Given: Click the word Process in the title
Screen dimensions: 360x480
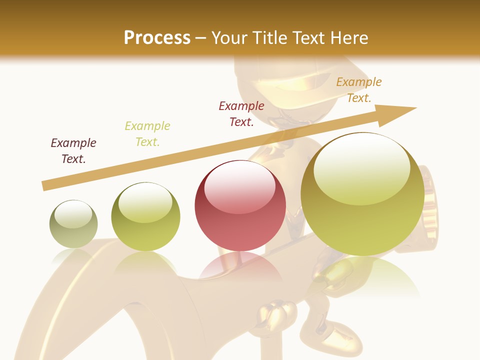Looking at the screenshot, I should pyautogui.click(x=157, y=38).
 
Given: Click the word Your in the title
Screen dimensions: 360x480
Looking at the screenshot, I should pyautogui.click(x=230, y=38).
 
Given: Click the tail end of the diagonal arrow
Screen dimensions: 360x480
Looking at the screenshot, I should pyautogui.click(x=44, y=186).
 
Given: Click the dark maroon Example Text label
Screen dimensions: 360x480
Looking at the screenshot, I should pyautogui.click(x=73, y=151).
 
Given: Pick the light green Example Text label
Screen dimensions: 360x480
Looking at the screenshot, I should pyautogui.click(x=147, y=134).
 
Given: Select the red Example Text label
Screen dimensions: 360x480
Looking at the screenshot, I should pyautogui.click(x=241, y=114).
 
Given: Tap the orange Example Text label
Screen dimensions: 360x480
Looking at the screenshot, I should pyautogui.click(x=359, y=90).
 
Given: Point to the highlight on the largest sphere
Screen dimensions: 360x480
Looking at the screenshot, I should pyautogui.click(x=361, y=167).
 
